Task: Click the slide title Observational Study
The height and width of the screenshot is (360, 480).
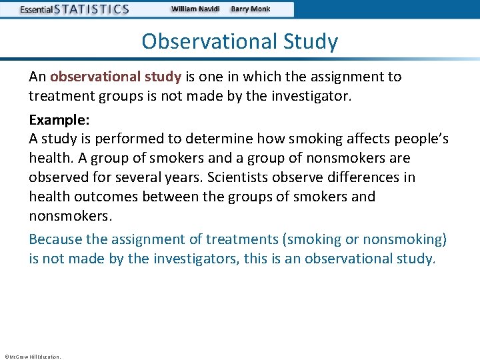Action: tap(240, 41)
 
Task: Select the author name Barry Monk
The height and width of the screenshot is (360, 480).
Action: tap(251, 9)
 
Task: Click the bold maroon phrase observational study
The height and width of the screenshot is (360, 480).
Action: tap(115, 77)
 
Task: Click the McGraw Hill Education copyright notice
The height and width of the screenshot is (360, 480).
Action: tap(32, 357)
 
